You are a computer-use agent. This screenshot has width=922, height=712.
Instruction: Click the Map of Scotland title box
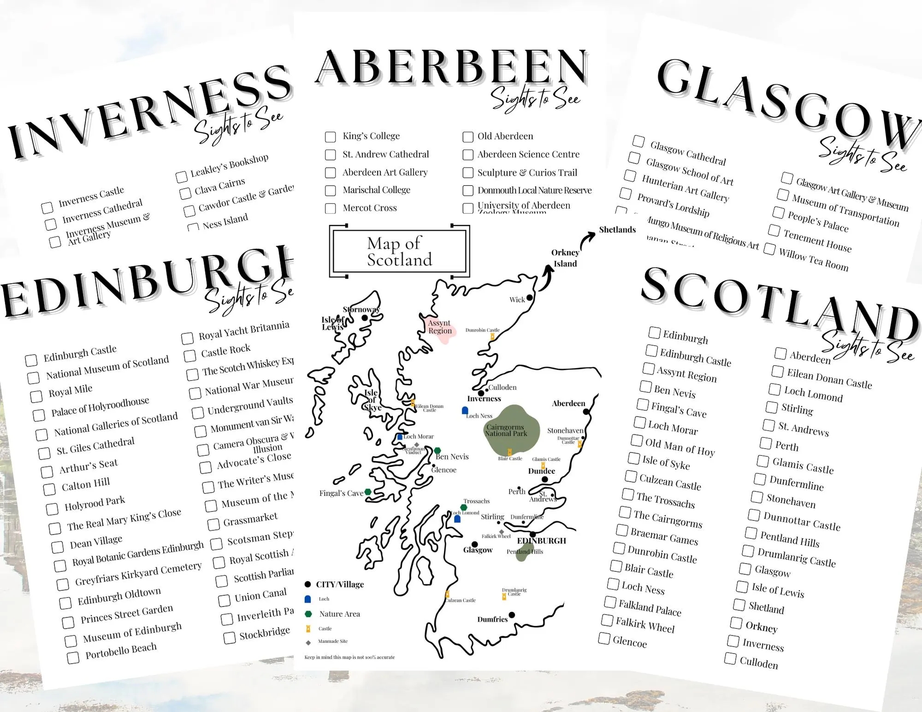click(x=399, y=251)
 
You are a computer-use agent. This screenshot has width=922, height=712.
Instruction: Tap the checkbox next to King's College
click(x=330, y=137)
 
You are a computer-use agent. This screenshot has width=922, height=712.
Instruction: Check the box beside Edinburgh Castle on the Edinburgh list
click(x=31, y=360)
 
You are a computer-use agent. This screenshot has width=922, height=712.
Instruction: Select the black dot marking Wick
click(x=530, y=298)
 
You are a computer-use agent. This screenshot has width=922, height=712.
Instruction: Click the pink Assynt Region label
click(x=440, y=327)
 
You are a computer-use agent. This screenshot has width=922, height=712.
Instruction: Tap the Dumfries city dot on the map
click(x=512, y=615)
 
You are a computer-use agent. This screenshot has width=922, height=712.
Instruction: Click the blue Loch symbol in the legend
click(x=308, y=599)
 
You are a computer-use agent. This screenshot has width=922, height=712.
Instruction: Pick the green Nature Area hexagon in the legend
click(x=308, y=614)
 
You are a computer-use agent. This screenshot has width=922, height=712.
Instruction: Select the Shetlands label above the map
click(x=617, y=229)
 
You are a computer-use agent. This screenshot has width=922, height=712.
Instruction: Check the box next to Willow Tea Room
click(x=769, y=249)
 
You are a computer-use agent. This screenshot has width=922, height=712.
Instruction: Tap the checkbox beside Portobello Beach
click(x=73, y=658)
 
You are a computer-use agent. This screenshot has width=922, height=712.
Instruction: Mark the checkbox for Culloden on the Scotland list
click(x=730, y=659)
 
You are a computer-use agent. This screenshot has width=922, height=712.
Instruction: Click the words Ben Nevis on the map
click(x=452, y=457)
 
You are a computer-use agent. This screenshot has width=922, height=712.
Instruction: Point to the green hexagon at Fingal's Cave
click(x=368, y=492)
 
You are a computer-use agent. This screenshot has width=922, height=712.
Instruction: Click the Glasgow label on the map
click(x=478, y=550)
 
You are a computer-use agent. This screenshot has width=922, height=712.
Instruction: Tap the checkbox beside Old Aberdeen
click(x=468, y=137)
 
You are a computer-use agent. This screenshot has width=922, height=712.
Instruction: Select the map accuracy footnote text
click(x=349, y=657)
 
